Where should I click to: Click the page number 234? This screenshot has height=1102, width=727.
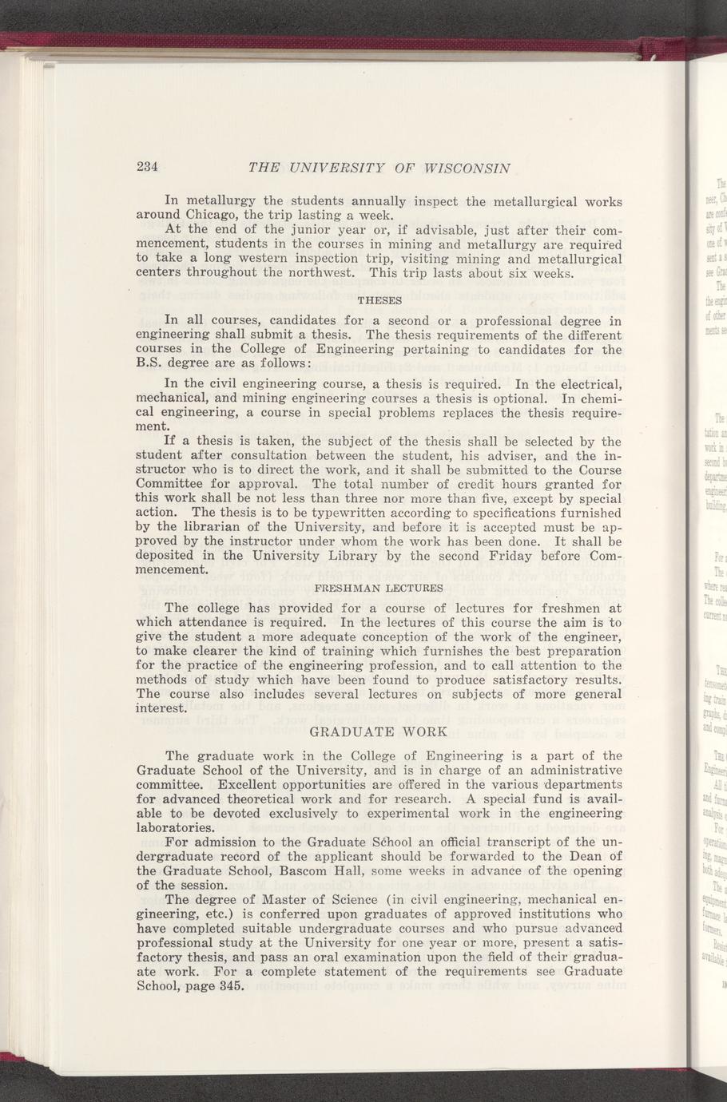[x=149, y=167]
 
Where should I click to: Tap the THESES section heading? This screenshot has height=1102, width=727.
[x=379, y=301]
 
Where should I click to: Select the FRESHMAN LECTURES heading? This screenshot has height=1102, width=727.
[x=381, y=588]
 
